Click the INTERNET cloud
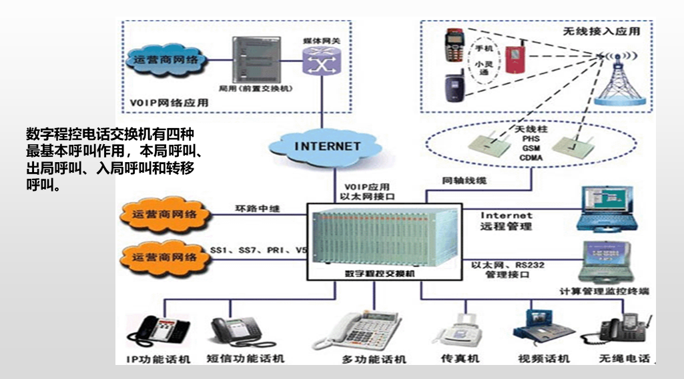click(x=328, y=146)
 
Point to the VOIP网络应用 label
click(x=169, y=103)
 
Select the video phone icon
click(x=540, y=326)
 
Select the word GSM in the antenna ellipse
click(x=531, y=147)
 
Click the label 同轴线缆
click(x=464, y=180)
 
